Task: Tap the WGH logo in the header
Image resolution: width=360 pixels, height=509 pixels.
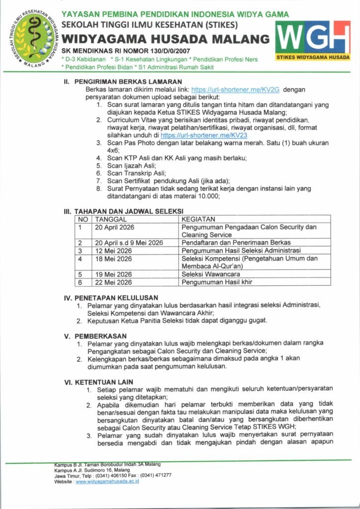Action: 313,41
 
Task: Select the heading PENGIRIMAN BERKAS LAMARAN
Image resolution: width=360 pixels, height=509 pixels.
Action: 128,82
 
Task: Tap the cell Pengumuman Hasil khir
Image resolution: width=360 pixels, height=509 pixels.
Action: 217,282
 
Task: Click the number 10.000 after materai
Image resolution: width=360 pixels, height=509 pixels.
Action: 207,196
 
